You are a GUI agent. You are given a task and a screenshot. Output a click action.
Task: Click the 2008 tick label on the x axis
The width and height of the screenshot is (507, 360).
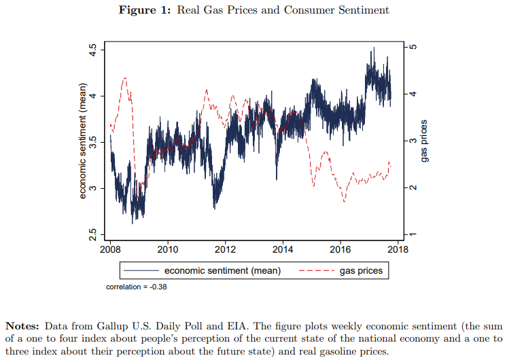[x=110, y=249]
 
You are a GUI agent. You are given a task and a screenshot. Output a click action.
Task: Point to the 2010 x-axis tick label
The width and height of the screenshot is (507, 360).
[x=168, y=249]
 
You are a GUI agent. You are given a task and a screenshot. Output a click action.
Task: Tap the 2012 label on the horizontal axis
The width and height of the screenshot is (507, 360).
[x=226, y=249]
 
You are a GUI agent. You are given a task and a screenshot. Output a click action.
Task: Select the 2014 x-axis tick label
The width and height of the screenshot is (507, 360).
[x=283, y=249]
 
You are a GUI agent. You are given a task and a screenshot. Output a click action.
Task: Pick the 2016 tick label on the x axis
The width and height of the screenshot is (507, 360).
[x=340, y=249]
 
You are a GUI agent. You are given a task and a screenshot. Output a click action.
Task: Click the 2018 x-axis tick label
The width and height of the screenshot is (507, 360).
[x=398, y=249]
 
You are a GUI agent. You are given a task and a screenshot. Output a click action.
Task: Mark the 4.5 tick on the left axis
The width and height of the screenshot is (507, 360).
[x=93, y=50]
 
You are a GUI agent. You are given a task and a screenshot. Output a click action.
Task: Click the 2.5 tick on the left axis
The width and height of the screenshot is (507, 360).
[x=93, y=235]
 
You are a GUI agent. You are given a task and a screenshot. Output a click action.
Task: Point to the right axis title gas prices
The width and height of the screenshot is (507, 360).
[x=424, y=141]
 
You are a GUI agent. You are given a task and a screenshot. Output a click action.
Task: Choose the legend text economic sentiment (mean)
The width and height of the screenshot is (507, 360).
[x=222, y=270]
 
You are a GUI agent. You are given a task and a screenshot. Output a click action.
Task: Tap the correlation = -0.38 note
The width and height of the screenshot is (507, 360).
[x=137, y=287]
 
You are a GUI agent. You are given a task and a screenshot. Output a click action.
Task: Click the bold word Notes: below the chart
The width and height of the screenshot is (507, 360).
[x=23, y=325]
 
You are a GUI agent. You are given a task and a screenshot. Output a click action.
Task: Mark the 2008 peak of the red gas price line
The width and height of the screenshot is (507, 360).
[x=125, y=78]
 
